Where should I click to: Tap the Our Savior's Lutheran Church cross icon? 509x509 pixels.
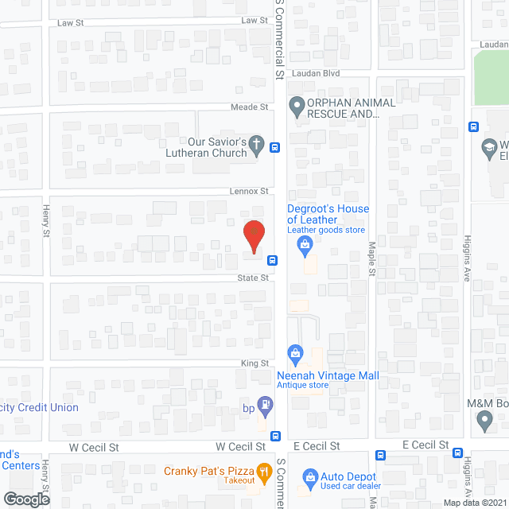click(256, 144)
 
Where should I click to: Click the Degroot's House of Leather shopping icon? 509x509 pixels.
click(305, 247)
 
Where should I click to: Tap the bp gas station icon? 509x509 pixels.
click(265, 404)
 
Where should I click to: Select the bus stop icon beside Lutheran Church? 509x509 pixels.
click(274, 147)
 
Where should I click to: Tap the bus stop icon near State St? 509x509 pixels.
click(272, 260)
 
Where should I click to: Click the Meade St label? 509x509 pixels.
click(249, 107)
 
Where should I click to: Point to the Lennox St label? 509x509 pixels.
click(248, 191)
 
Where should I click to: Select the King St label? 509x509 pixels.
click(255, 363)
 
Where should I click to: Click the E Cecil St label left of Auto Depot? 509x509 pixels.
click(316, 446)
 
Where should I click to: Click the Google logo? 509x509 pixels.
click(25, 499)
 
